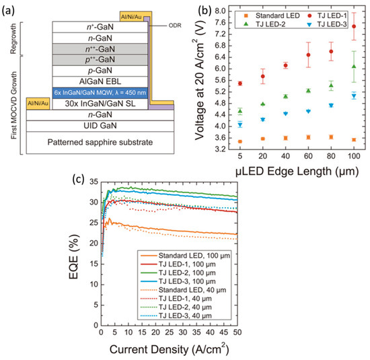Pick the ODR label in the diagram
(x=163, y=28)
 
